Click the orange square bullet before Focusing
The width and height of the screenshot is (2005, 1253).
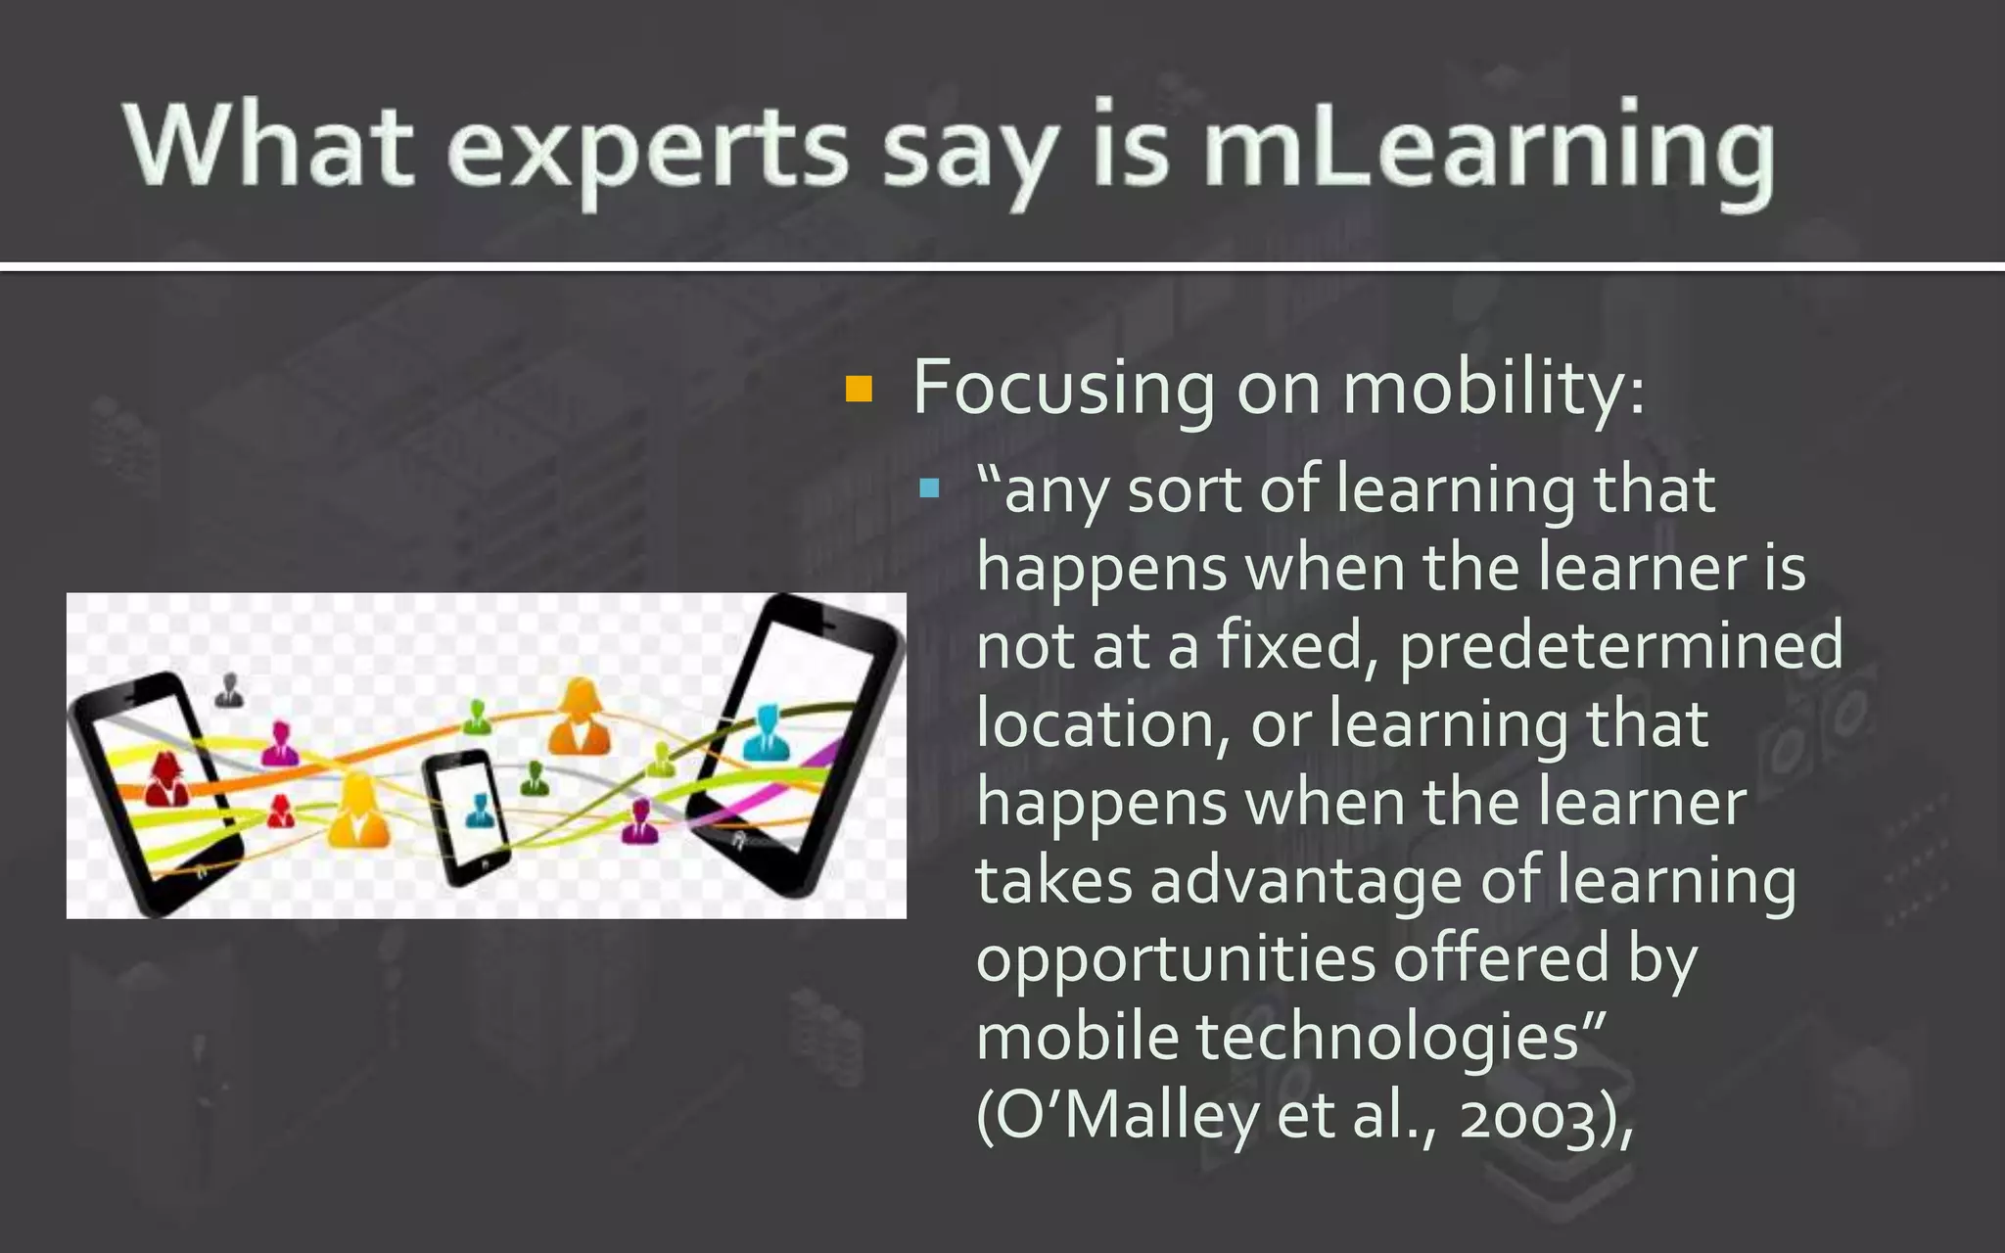(859, 390)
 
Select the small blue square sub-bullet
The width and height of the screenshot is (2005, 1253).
(930, 487)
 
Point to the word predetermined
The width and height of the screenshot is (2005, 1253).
(1620, 646)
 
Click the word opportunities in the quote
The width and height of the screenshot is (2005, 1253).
(1176, 959)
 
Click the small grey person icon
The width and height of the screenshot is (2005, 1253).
(229, 690)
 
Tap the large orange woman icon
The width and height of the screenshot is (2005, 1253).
(580, 719)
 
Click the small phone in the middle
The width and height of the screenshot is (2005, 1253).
(468, 817)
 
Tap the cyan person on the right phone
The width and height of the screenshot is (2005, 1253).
(766, 734)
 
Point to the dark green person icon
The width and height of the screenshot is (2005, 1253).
(535, 779)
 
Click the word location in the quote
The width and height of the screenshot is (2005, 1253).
(1101, 724)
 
